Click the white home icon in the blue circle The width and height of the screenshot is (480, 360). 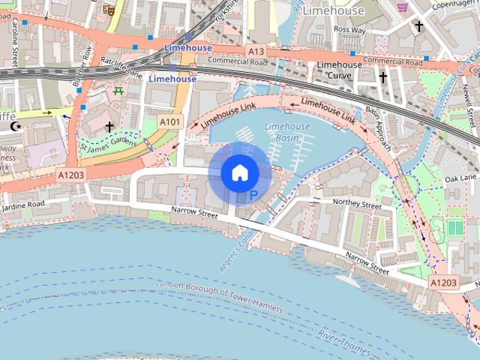239,173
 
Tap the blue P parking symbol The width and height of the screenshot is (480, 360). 253,196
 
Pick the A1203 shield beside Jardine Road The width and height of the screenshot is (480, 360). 71,174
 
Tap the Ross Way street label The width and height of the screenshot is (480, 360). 349,29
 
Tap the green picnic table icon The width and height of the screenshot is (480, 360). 118,91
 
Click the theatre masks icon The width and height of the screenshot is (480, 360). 109,9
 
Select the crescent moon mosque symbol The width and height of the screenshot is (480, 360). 15,127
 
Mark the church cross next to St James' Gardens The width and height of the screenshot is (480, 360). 109,127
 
